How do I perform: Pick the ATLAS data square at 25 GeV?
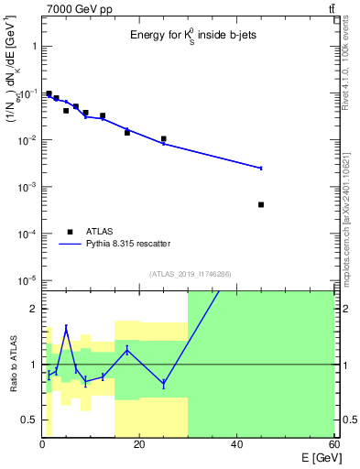point(164,139)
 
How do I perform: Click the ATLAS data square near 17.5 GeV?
point(127,133)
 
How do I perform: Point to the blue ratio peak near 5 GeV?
point(66,327)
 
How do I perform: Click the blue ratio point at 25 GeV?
point(164,383)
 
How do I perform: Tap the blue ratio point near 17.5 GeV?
point(127,350)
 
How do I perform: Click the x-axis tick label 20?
point(139,444)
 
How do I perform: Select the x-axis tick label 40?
point(236,444)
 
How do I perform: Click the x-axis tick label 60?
point(333,444)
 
